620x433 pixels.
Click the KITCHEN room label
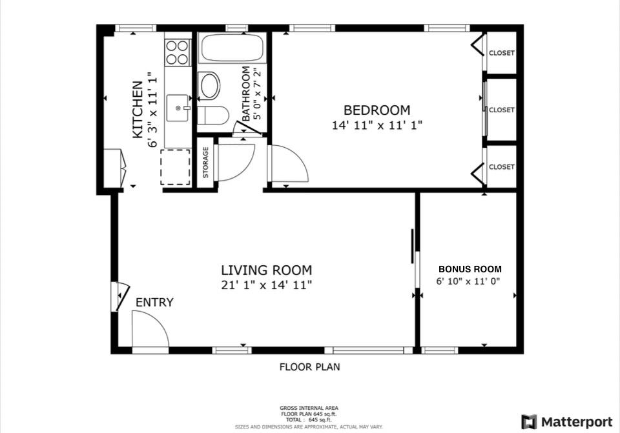pos(138,110)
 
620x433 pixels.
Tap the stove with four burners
pos(178,52)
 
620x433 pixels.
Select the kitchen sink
pos(178,108)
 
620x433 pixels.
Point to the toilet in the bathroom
pos(212,116)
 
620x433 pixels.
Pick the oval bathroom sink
pos(209,86)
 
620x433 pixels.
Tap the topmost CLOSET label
pos(501,53)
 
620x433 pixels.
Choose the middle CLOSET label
pos(501,110)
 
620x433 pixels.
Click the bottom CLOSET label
pos(501,166)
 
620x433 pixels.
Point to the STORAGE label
pos(206,163)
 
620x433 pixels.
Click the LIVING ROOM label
pos(266,270)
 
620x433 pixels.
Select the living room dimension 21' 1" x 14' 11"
pos(266,285)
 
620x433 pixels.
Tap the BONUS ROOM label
pos(470,269)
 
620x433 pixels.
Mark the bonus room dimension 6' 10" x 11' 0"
pos(468,281)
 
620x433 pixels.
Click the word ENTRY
pos(154,303)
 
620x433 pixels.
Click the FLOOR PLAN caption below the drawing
pos(309,367)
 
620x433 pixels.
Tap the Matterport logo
pos(567,422)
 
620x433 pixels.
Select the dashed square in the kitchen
pos(175,167)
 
